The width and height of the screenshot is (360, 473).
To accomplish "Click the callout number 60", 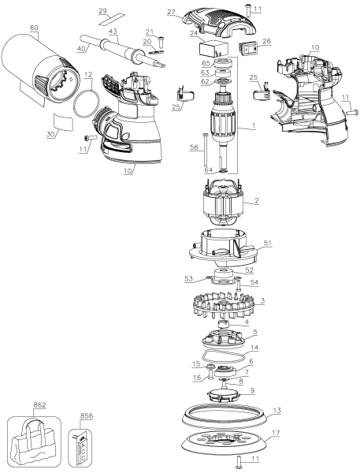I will (33, 28).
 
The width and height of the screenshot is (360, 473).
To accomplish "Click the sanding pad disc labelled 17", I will (225, 438).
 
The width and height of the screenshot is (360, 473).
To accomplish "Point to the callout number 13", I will (276, 410).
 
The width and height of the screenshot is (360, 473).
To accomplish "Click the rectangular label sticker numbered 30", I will (63, 123).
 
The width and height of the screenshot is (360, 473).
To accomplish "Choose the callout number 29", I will (124, 12).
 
